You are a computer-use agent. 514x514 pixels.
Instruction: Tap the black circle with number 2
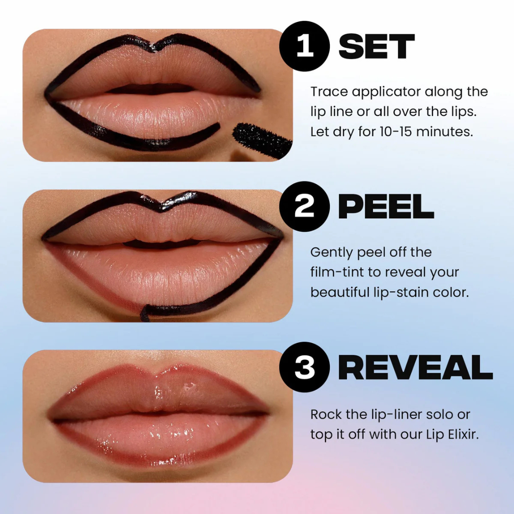(305, 207)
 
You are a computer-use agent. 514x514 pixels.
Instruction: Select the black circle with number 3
(305, 367)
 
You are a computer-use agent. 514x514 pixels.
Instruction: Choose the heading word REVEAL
(415, 367)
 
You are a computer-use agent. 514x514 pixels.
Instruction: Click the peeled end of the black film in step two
(146, 314)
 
